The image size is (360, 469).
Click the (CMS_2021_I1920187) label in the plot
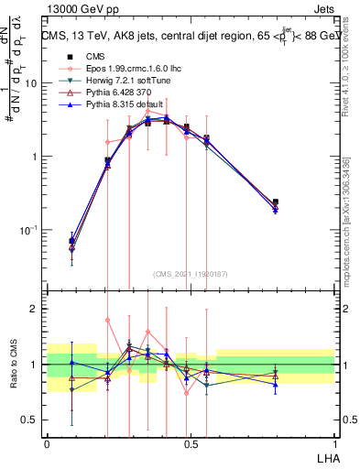pyautogui.click(x=191, y=274)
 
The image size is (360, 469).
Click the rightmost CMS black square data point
pyautogui.click(x=276, y=202)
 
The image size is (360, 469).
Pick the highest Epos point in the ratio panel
pyautogui.click(x=108, y=320)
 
